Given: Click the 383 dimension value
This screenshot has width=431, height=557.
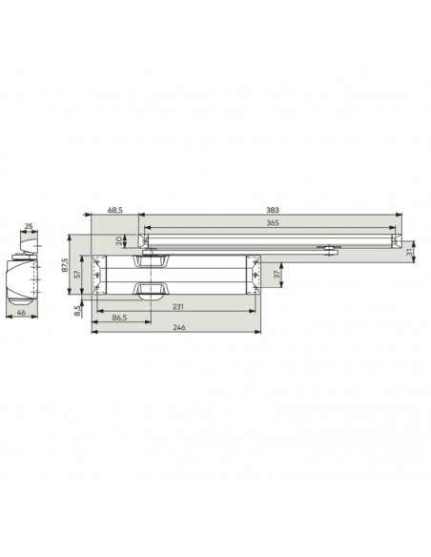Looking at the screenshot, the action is pos(273,210).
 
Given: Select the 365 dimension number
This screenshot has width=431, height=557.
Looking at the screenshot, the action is pos(273,223).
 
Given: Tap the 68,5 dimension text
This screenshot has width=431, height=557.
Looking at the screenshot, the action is pos(115,210).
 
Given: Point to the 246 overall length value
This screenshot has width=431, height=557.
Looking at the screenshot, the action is pos(179,327).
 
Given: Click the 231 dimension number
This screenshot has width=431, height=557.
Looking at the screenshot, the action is pos(178,306).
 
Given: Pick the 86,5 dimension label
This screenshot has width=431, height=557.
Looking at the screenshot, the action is pos(119,318).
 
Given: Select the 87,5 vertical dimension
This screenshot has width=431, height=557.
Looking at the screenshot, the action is pos(65,264).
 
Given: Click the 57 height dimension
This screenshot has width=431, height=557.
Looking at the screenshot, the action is pos(78,274).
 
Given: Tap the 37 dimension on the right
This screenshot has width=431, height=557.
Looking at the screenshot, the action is pos(277,274).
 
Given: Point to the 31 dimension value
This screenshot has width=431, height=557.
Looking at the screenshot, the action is pos(409,252).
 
